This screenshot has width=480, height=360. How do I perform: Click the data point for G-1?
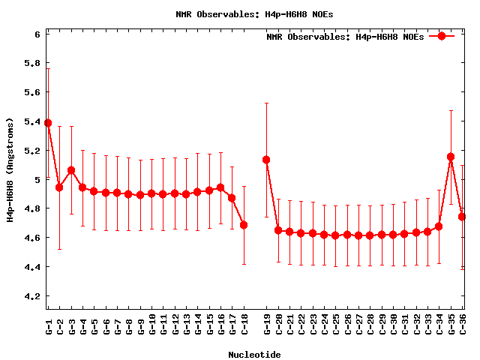click(x=48, y=123)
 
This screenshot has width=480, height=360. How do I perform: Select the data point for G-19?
click(x=266, y=160)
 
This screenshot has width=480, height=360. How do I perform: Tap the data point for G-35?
click(x=451, y=157)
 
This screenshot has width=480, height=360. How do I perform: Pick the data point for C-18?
click(x=244, y=225)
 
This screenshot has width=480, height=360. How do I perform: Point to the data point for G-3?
click(x=71, y=170)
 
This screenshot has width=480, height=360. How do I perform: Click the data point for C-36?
click(x=462, y=217)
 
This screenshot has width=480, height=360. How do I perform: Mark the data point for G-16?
click(x=220, y=187)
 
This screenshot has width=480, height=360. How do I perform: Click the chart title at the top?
click(x=240, y=13)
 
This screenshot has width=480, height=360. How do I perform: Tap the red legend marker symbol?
click(x=442, y=36)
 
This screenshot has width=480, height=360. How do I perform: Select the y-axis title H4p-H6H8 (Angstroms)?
click(x=10, y=170)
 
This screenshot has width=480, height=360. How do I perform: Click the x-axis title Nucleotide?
click(x=255, y=355)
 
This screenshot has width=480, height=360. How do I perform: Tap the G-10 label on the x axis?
click(x=152, y=326)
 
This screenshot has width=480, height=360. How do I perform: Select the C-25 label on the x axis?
click(x=336, y=326)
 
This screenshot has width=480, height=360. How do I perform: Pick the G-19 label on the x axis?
click(x=267, y=326)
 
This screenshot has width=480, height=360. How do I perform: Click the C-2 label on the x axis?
click(x=60, y=326)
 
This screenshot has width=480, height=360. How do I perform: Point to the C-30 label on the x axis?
click(x=394, y=326)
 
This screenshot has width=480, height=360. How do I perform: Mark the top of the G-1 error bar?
click(x=48, y=69)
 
